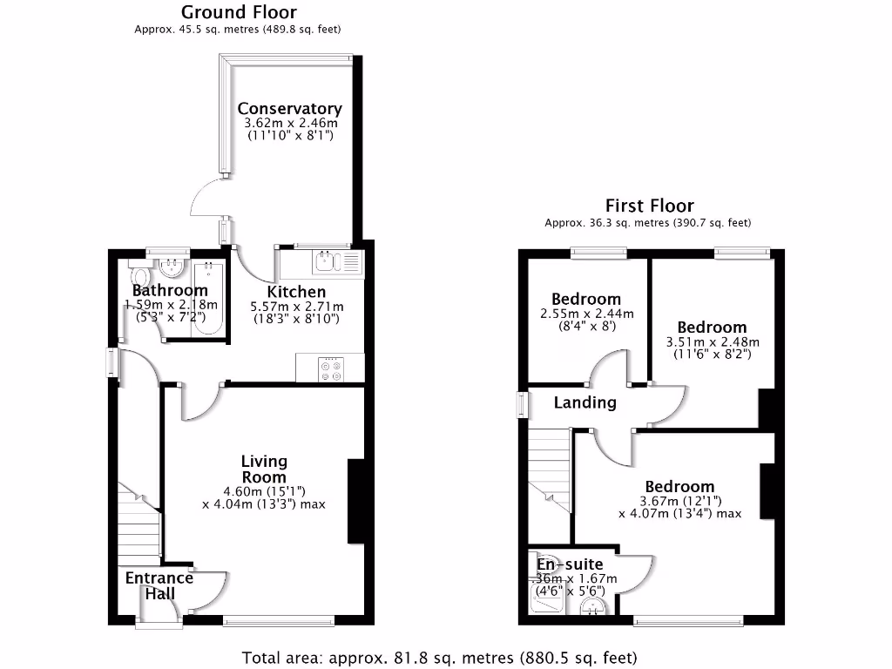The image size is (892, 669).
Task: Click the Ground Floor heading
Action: [x=238, y=12]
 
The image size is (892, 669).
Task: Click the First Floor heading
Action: [x=649, y=206]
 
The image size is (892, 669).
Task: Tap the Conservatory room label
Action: [x=289, y=109]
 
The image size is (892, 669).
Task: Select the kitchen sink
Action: [x=335, y=260]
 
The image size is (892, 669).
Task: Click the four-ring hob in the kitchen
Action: [x=332, y=368]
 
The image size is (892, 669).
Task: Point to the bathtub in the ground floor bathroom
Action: [x=209, y=300]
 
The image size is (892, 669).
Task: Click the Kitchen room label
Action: [x=296, y=292]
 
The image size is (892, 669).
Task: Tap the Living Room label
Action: [x=264, y=469]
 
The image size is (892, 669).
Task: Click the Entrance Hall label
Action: [x=159, y=585]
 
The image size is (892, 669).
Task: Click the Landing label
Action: [x=585, y=402]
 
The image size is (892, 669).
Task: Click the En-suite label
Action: [x=569, y=564]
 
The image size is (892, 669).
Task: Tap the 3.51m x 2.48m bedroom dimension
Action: [x=713, y=342]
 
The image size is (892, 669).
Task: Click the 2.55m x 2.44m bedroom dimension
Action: [x=586, y=314]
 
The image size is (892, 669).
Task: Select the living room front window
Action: [x=278, y=621]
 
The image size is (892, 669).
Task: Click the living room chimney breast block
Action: [x=356, y=502]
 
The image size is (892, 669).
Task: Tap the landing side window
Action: [x=522, y=406]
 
